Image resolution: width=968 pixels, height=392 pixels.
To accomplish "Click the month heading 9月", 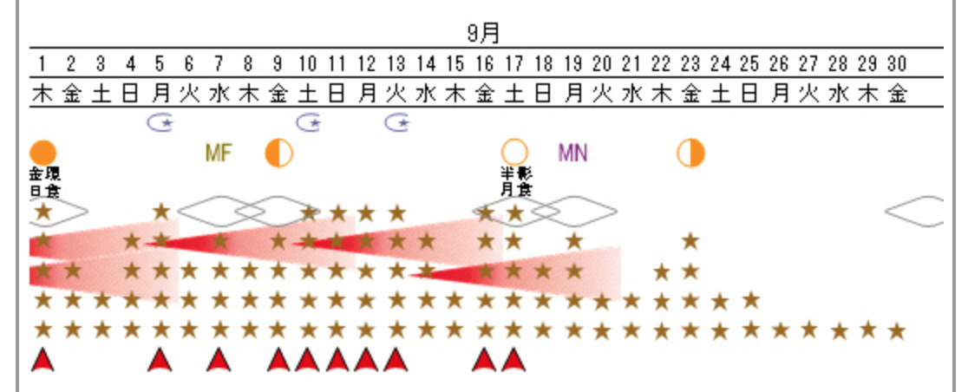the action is coord(483,33).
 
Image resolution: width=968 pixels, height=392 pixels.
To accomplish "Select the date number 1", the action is coord(42,63).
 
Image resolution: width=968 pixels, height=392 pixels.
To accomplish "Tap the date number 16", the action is coord(484,63).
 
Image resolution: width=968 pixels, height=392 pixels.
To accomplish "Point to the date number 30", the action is coord(897,63).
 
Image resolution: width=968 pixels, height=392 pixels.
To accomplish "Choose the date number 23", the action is coord(690,63).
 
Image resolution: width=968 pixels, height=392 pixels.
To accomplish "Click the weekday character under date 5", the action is coord(160,93).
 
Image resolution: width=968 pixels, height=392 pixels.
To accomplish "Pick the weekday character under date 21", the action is coord(631,93).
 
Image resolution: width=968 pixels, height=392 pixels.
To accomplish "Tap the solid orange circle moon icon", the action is coord(43,153).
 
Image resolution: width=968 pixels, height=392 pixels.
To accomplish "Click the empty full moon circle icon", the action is coord(514,153).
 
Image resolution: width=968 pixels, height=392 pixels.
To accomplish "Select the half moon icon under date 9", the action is coord(278,153).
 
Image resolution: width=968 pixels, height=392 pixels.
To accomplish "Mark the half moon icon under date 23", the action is coord(690,153).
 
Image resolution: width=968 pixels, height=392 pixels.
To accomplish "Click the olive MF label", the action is coord(219,154).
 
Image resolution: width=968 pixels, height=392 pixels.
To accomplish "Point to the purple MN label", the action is coord(572,154).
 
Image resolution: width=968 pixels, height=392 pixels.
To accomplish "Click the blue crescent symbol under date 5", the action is coord(160,122).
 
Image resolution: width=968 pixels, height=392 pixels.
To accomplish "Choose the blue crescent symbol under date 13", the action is coord(396,122).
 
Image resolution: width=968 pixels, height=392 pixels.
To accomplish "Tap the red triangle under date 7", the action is coord(219,359).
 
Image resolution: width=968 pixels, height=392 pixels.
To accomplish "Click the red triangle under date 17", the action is coord(513,359).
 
